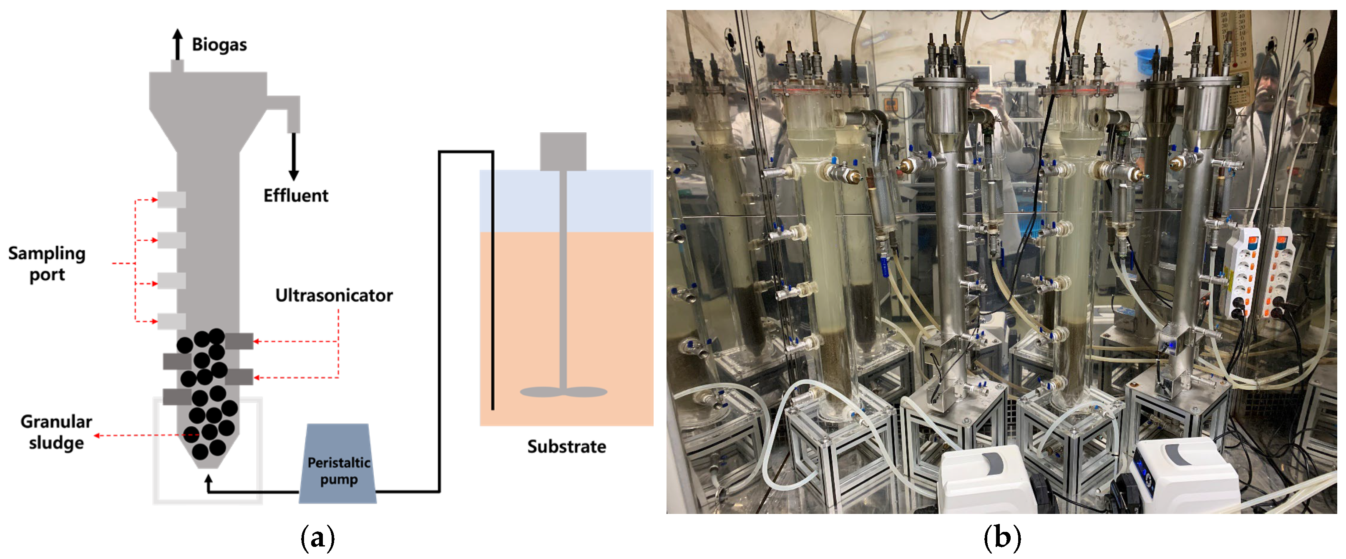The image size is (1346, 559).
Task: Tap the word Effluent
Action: click(x=295, y=195)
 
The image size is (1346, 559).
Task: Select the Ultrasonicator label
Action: click(x=334, y=296)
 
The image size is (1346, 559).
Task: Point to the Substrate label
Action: click(x=566, y=447)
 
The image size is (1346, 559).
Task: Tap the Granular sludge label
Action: click(x=56, y=432)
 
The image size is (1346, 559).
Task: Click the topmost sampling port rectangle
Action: click(x=171, y=200)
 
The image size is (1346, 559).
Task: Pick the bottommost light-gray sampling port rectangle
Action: click(x=171, y=321)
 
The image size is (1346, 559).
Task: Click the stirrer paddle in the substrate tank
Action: click(x=563, y=392)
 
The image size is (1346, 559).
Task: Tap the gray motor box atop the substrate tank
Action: click(x=563, y=151)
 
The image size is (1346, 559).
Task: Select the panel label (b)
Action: click(x=1001, y=538)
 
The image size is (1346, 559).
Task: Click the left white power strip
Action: click(x=1242, y=272)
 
